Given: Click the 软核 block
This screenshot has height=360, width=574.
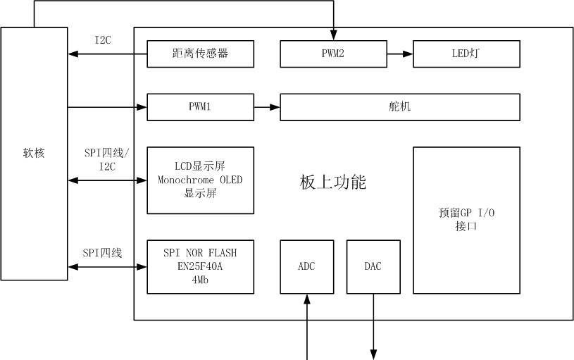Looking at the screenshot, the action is click(34, 154).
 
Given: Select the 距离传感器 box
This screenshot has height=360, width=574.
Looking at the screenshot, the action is click(200, 54).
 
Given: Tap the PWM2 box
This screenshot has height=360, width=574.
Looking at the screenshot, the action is click(333, 54).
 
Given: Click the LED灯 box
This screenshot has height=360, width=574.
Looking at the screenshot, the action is click(466, 54).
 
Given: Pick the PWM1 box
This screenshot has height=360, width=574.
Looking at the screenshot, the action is click(200, 107).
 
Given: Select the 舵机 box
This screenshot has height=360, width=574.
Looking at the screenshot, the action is click(400, 107).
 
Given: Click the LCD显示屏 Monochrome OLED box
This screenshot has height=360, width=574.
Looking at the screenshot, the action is click(200, 180).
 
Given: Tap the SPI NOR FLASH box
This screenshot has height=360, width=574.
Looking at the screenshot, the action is click(200, 266).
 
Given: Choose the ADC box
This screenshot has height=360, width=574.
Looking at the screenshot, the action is click(307, 266).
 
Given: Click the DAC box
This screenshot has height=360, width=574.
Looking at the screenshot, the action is click(373, 266).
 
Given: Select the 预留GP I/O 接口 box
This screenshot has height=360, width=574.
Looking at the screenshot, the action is click(466, 220).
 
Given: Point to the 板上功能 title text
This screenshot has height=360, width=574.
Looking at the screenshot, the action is click(332, 182).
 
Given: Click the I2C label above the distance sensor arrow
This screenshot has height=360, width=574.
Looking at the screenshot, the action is click(103, 40).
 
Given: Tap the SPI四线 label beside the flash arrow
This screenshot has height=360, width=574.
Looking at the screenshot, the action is click(102, 253).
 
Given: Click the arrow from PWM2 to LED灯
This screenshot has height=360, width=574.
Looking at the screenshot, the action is click(400, 54).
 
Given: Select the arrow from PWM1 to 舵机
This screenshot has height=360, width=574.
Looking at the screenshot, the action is click(267, 107).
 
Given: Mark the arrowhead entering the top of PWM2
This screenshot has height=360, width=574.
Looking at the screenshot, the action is click(334, 35).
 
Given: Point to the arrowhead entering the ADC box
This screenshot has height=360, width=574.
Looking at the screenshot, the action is click(307, 299).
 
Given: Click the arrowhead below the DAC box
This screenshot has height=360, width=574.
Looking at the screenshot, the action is click(373, 354).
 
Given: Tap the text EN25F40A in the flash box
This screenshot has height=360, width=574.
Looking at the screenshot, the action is click(200, 266).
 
